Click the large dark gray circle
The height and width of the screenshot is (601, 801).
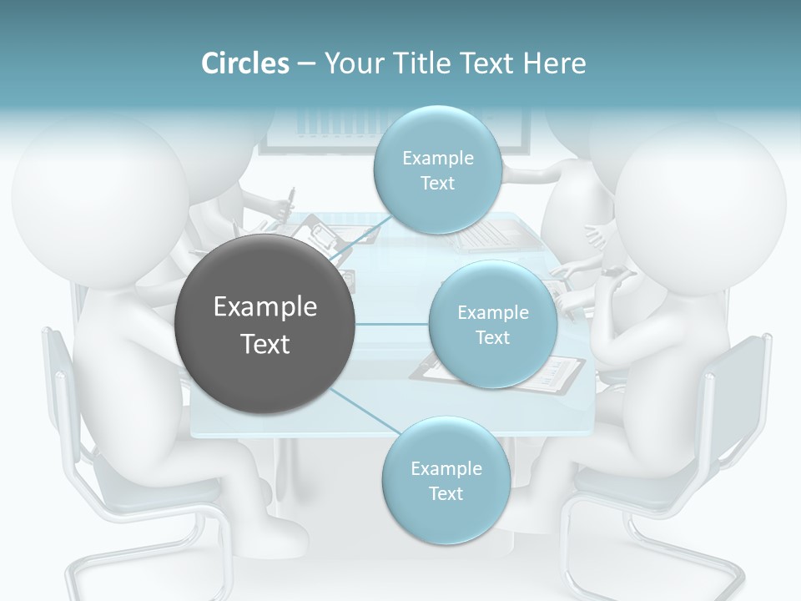(x=265, y=325)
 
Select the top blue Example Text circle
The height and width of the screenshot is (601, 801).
(x=437, y=169)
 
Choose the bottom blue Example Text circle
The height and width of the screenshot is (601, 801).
(x=446, y=480)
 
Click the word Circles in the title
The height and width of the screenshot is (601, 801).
(x=245, y=63)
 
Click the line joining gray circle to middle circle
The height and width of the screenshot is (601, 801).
(x=392, y=324)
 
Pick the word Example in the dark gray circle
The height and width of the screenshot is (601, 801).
(x=265, y=307)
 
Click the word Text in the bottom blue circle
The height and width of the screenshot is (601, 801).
(x=446, y=493)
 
